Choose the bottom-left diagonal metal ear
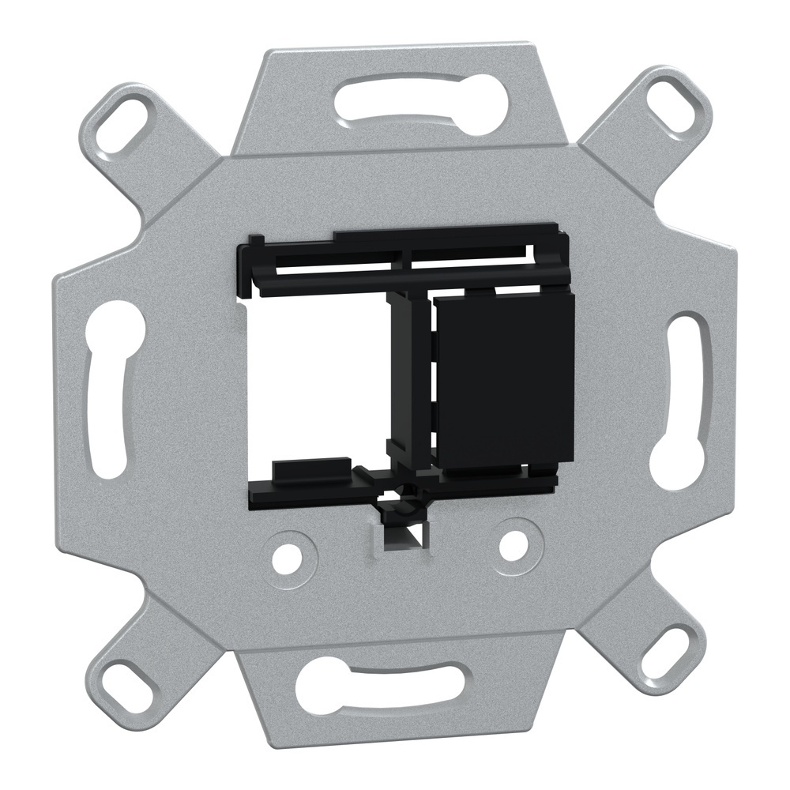click(142, 656)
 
